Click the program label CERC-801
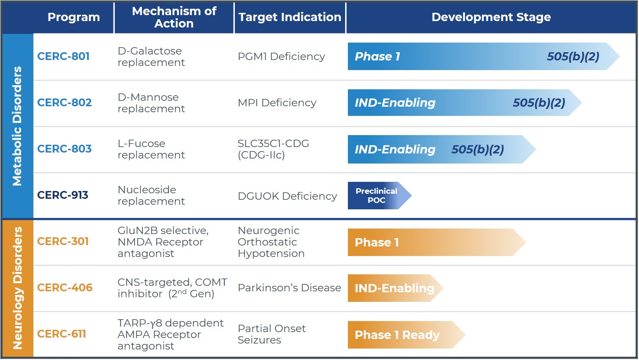[x=63, y=56]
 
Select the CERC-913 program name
[x=63, y=195]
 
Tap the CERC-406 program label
[x=65, y=288]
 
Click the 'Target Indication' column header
[x=290, y=17]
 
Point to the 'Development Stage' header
[x=491, y=17]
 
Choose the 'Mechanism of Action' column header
[x=174, y=17]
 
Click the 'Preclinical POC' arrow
[x=378, y=196]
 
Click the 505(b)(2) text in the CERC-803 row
[x=477, y=149]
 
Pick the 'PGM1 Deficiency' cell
[x=281, y=56]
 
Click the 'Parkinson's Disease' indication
[x=289, y=288]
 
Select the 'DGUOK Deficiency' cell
[x=287, y=196]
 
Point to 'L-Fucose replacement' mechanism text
[x=151, y=149]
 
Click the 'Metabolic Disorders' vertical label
[x=17, y=126]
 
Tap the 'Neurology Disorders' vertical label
[x=17, y=288]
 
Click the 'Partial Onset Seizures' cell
[x=271, y=334]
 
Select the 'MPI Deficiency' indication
[x=277, y=103]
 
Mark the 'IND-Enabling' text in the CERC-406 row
[x=394, y=288]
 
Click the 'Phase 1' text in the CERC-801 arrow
[x=377, y=56]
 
